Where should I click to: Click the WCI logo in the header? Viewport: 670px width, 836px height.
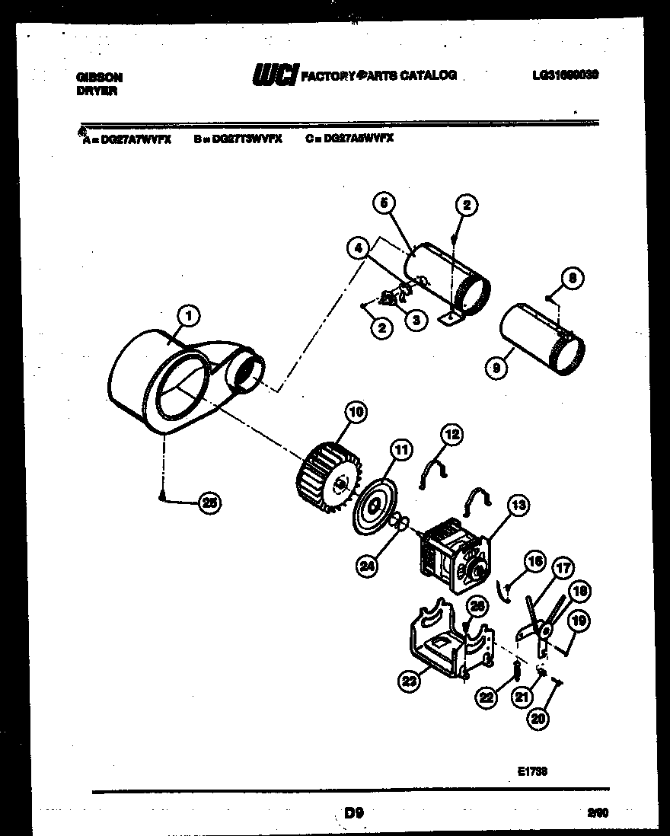(x=275, y=75)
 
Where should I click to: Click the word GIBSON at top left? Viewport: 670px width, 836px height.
(x=100, y=77)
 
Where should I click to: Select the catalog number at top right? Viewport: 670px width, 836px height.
(x=566, y=75)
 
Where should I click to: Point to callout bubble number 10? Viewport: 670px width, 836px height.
(x=355, y=413)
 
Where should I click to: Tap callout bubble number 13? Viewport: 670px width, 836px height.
(x=518, y=504)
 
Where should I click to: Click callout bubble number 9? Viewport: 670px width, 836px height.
(x=496, y=369)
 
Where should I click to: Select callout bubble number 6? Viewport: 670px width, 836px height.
(x=385, y=203)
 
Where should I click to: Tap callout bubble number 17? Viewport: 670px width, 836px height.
(x=564, y=567)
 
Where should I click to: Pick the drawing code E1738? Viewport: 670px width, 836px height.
(x=532, y=771)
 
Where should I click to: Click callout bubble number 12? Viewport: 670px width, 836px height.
(x=452, y=435)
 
